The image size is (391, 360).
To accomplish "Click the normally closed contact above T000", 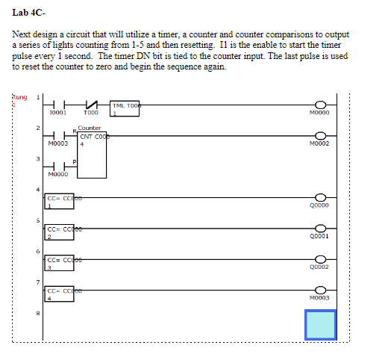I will coord(91,105).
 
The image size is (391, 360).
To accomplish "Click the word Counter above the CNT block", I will coord(90,128).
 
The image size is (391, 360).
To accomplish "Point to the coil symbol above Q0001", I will coord(322,226).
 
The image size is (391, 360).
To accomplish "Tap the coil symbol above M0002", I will coord(322,135).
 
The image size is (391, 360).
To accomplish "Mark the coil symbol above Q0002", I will coord(322,257).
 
